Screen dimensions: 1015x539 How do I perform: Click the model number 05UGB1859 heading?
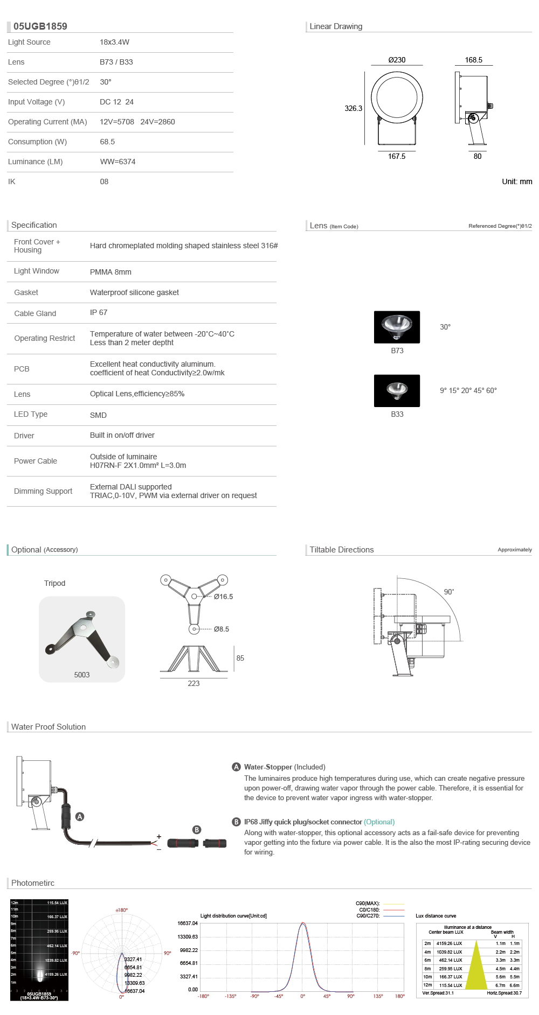[x=40, y=26]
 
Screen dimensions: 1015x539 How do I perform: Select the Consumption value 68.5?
[x=107, y=142]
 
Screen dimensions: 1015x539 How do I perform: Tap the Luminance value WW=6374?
[x=118, y=162]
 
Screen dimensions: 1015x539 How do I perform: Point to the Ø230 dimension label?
[x=397, y=60]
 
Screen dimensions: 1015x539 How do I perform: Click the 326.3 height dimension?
[x=353, y=108]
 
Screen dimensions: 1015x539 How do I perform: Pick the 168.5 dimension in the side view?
[x=473, y=60]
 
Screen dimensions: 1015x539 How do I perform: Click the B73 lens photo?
[x=397, y=327]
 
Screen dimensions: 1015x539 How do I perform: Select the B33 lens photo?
[x=397, y=390]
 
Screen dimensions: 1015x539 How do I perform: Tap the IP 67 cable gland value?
[x=99, y=312]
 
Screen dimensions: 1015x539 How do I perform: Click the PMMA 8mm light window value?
[x=110, y=272]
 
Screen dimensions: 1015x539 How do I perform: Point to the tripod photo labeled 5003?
[x=82, y=639]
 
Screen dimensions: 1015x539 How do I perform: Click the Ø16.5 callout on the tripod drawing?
[x=223, y=597]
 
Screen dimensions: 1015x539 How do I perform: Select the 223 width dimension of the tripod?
[x=194, y=683]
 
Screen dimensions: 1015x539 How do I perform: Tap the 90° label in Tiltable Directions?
[x=449, y=592]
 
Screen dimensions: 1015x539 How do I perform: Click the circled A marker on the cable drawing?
[x=80, y=817]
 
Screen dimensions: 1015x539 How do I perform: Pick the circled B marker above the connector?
[x=197, y=830]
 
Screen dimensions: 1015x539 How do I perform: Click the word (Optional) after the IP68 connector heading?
[x=379, y=822]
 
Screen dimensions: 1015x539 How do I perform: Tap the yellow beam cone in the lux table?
[x=476, y=969]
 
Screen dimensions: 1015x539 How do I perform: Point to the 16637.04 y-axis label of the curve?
[x=188, y=923]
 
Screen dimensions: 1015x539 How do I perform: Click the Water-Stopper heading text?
[x=268, y=767]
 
